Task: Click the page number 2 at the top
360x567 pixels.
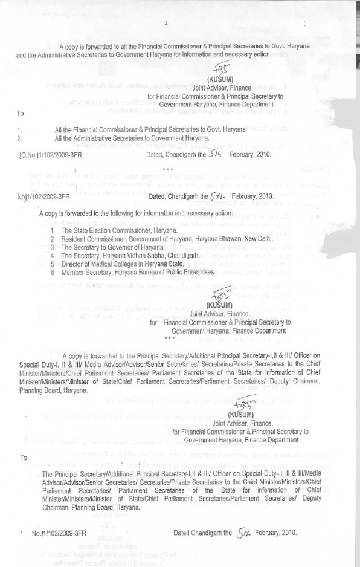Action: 164,22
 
